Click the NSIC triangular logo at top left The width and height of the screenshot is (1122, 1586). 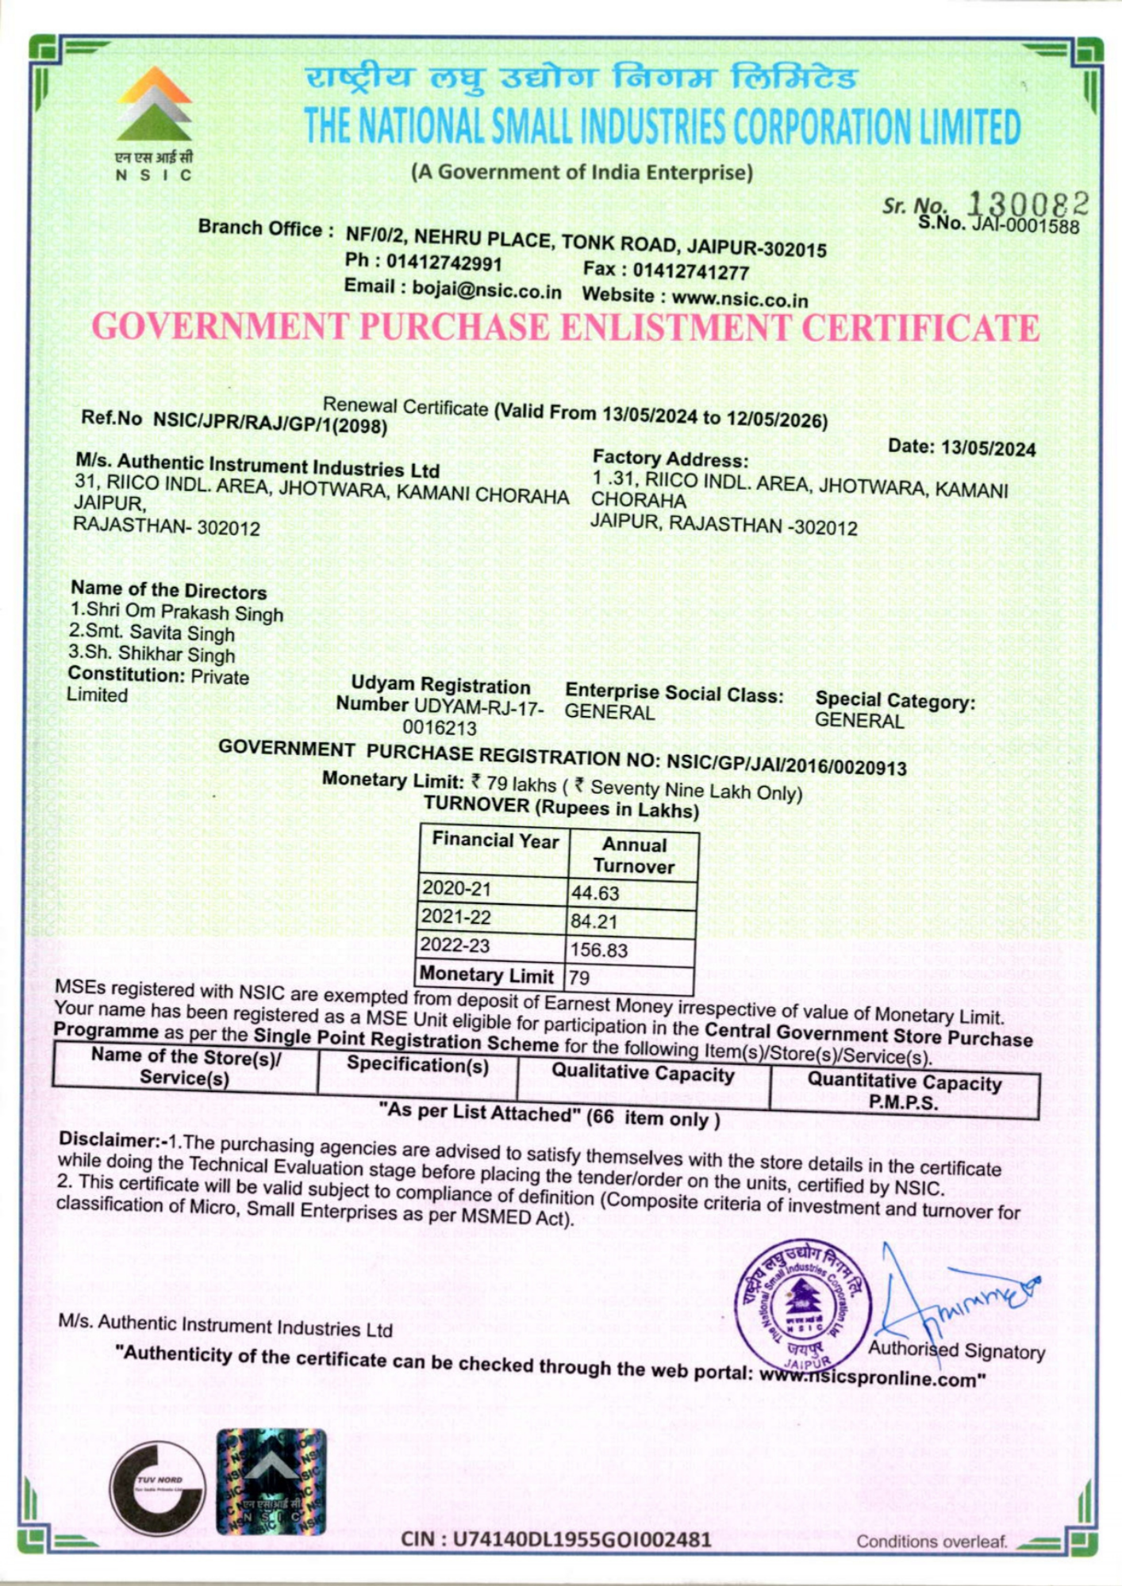[154, 104]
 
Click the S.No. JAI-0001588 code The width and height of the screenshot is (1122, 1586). [1024, 227]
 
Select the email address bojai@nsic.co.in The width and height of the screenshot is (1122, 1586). [486, 289]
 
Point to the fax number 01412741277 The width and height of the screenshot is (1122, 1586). [690, 272]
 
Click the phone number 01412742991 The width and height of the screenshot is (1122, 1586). [444, 262]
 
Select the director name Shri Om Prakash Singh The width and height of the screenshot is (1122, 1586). [184, 612]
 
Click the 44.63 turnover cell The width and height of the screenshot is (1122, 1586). [595, 893]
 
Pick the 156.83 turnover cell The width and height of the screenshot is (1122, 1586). [599, 950]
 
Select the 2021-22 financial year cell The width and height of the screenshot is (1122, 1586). [456, 917]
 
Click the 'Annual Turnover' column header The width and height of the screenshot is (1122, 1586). [633, 855]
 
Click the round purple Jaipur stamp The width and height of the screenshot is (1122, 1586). [802, 1304]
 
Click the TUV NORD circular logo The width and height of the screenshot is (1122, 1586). [157, 1487]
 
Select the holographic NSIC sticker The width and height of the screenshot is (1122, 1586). [271, 1481]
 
